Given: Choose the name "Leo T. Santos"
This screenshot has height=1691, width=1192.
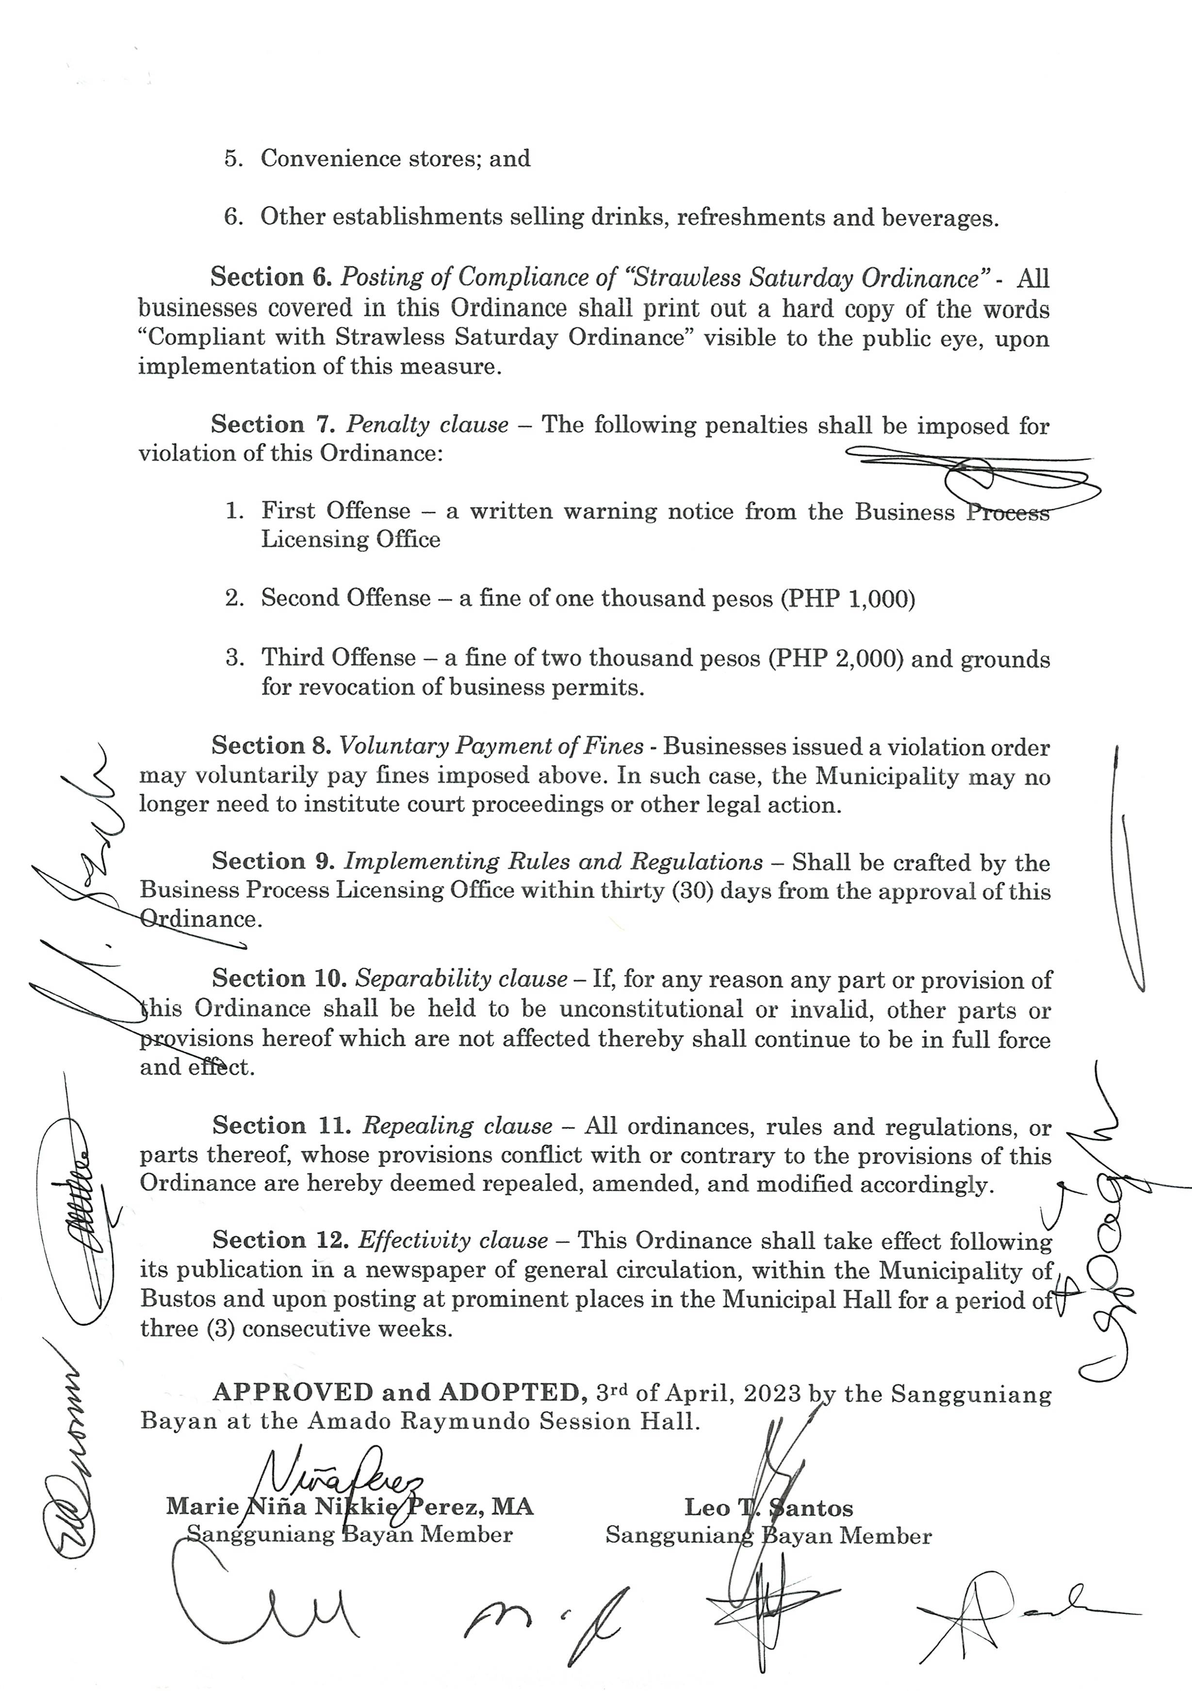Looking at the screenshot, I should [x=768, y=1508].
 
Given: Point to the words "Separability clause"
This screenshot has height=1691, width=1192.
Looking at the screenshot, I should [x=462, y=979].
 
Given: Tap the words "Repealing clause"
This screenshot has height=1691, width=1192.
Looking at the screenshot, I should [x=457, y=1126].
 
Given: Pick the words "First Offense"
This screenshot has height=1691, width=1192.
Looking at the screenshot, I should [x=336, y=511].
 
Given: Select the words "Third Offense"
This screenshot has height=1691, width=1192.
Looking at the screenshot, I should [x=339, y=657].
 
